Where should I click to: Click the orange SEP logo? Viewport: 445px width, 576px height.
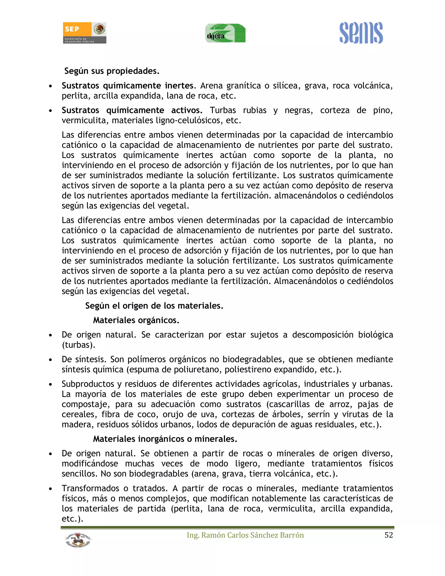coord(84,33)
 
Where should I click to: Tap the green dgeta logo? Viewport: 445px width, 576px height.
coord(225,33)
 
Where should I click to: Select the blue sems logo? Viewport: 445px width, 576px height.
coord(361,33)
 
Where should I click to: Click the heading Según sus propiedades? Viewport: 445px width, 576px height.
coord(112,71)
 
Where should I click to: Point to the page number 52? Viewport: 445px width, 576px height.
coord(389,535)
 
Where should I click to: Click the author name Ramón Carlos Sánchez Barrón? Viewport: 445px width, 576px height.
coord(245,535)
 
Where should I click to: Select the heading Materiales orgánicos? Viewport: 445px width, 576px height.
coord(136,320)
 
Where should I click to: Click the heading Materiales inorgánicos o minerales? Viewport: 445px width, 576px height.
coord(165,439)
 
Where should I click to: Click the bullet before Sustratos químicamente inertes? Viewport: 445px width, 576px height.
coord(50,86)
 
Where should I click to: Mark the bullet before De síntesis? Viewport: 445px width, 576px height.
coord(50,360)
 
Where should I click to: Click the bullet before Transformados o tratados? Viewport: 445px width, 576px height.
coord(50,489)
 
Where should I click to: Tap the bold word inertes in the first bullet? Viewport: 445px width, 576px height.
coord(179,86)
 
